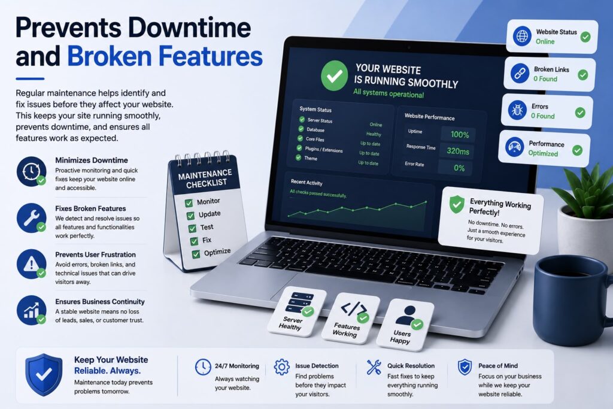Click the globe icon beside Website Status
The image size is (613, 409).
[x=522, y=37]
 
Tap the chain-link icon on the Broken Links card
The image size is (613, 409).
[x=520, y=73]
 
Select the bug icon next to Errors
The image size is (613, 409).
[x=517, y=110]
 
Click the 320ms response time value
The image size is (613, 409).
[x=458, y=152]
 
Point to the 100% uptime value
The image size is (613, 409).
[x=459, y=135]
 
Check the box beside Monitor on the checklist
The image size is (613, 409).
[x=189, y=203]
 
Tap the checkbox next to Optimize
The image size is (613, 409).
[x=196, y=254]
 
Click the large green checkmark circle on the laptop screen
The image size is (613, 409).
[x=334, y=75]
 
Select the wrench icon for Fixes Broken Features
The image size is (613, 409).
[x=31, y=218]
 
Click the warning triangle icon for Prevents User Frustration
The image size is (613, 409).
[x=31, y=264]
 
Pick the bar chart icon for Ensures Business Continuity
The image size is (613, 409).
[x=31, y=310]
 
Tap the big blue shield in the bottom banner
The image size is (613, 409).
[x=44, y=375]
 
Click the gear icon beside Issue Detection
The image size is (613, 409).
[x=281, y=367]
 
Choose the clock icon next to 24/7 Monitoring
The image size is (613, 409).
[x=203, y=367]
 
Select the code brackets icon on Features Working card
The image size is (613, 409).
[x=354, y=309]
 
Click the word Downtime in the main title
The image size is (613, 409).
[x=189, y=28]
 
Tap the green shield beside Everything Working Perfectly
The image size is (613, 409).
[x=457, y=205]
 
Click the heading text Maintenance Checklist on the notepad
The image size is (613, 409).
[x=205, y=178]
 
